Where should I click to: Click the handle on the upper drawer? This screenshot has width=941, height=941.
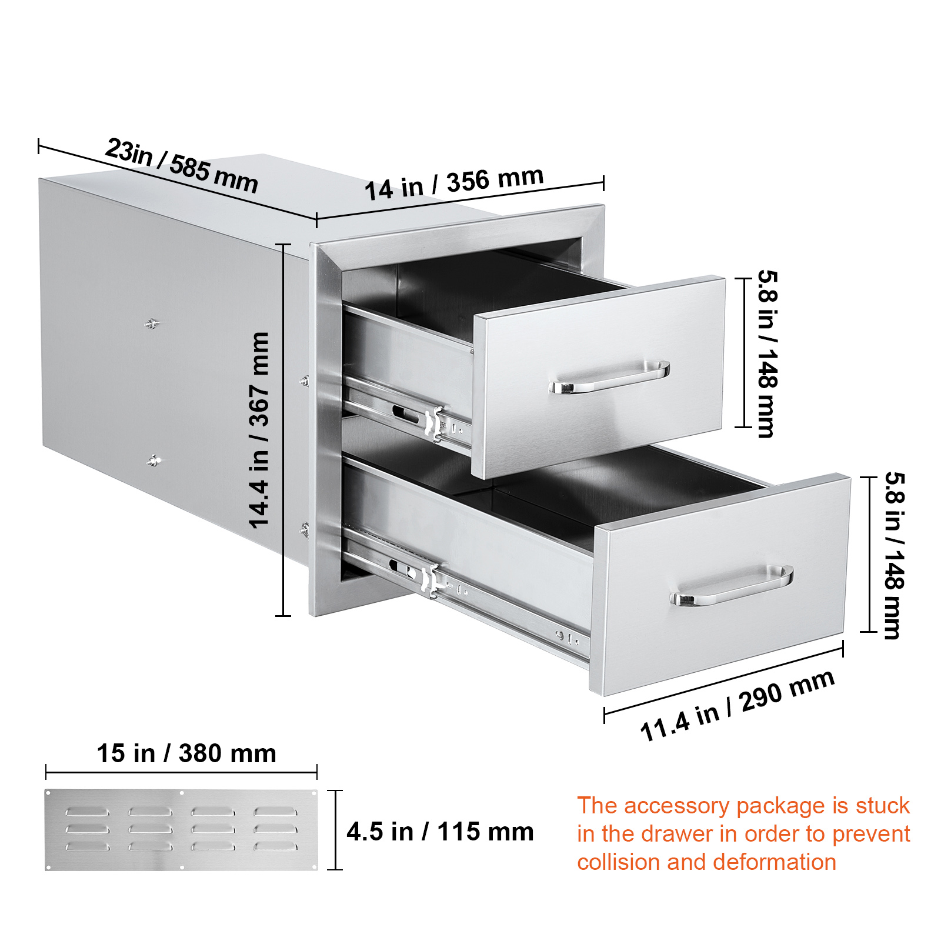click(609, 378)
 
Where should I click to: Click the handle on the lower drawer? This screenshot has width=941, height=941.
click(731, 586)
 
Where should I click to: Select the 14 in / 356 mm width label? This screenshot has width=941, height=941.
click(454, 183)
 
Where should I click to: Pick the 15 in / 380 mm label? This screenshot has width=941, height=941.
click(186, 753)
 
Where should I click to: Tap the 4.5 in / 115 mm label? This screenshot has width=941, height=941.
click(440, 832)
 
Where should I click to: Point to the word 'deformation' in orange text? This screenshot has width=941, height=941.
click(775, 862)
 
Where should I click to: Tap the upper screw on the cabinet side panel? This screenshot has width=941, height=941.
click(152, 323)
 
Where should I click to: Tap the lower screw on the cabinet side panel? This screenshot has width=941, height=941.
click(153, 461)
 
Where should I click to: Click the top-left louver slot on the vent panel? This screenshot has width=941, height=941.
click(87, 812)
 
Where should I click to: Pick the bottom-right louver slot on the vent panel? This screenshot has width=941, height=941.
click(275, 846)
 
